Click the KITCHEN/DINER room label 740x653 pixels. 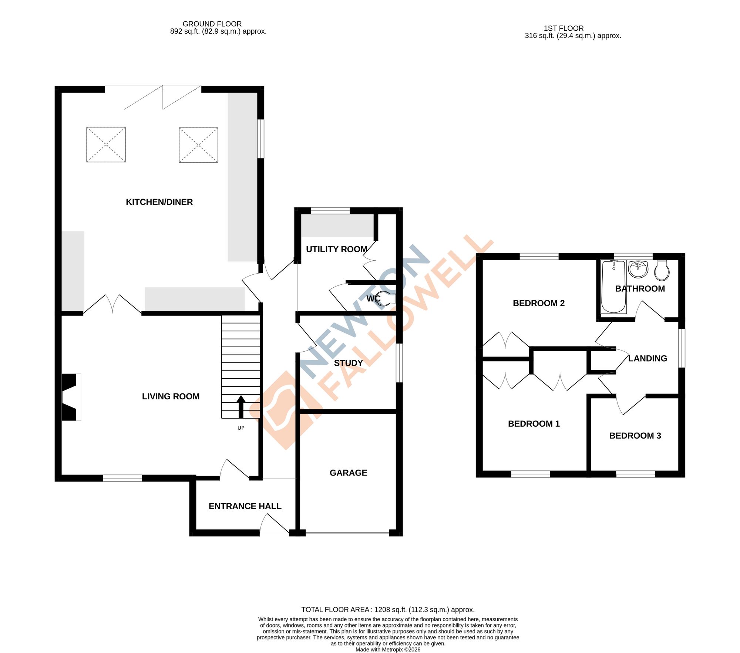click(159, 202)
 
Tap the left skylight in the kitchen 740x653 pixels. click(106, 145)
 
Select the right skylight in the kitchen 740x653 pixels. click(198, 145)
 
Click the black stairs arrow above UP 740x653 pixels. click(241, 406)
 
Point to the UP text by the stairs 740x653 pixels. click(241, 428)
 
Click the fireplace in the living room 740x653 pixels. click(70, 397)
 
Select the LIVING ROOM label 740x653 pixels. click(171, 396)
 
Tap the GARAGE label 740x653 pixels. click(348, 473)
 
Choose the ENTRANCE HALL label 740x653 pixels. click(245, 506)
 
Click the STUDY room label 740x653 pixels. click(348, 363)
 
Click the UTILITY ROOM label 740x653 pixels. click(336, 249)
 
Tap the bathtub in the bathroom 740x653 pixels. click(613, 287)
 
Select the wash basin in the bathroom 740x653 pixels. click(638, 269)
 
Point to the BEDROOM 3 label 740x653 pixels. click(635, 436)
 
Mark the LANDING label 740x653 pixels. click(647, 358)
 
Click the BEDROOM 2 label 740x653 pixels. click(538, 303)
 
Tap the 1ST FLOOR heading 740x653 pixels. click(564, 28)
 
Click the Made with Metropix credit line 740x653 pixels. click(388, 649)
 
